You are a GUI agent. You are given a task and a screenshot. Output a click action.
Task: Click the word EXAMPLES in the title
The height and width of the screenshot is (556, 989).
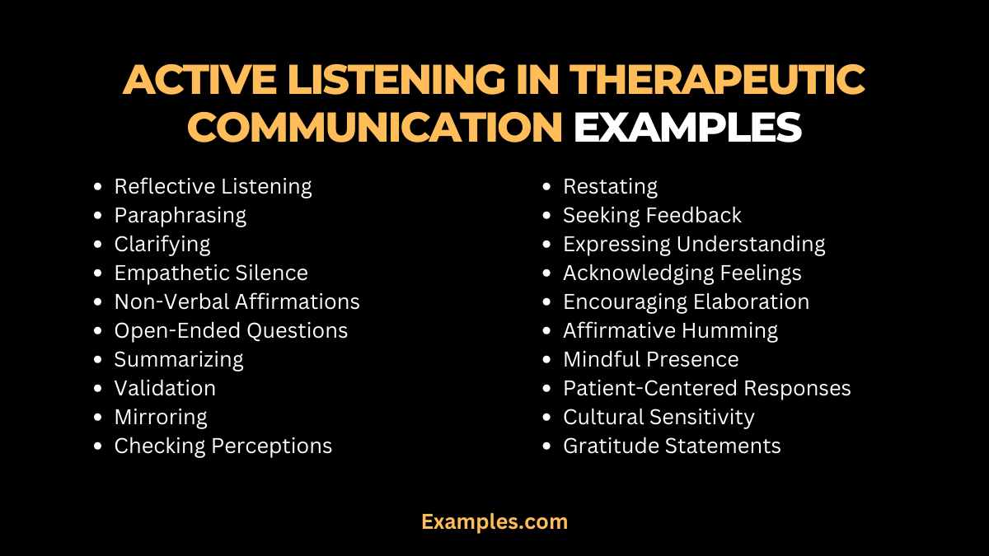[x=687, y=128]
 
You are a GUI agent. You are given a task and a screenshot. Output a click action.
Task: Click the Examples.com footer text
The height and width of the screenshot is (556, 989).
[x=494, y=521]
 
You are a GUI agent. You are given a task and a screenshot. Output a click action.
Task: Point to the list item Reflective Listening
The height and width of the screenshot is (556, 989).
[x=213, y=187]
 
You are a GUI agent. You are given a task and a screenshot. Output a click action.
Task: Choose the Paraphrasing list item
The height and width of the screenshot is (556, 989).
[x=180, y=216]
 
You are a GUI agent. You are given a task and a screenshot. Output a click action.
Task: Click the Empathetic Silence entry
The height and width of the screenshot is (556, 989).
[x=211, y=273]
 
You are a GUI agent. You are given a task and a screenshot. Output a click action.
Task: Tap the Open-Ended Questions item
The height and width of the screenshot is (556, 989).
[x=231, y=330]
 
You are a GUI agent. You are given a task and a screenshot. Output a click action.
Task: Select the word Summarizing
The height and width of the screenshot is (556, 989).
[x=179, y=360]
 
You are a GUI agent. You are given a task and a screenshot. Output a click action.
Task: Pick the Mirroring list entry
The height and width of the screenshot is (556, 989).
[x=161, y=417]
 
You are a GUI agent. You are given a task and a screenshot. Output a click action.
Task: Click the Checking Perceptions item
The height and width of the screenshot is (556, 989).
[x=223, y=446]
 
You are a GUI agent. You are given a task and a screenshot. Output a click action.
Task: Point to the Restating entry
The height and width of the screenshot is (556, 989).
[x=610, y=187]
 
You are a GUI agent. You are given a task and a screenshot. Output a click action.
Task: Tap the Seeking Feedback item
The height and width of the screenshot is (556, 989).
[x=652, y=216]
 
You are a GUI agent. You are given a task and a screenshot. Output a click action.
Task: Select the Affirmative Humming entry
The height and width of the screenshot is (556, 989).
[x=670, y=330]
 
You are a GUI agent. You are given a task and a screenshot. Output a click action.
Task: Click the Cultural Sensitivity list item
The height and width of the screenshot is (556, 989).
[x=659, y=417]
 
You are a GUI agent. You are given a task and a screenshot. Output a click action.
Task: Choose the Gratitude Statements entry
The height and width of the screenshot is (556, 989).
[x=672, y=446]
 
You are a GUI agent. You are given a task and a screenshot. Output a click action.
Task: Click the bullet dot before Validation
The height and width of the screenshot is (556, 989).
[x=100, y=389]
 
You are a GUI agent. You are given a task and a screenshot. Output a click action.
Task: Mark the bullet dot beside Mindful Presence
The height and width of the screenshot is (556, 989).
[x=548, y=360]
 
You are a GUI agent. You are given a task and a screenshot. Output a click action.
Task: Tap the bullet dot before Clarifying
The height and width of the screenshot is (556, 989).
[x=100, y=245]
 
